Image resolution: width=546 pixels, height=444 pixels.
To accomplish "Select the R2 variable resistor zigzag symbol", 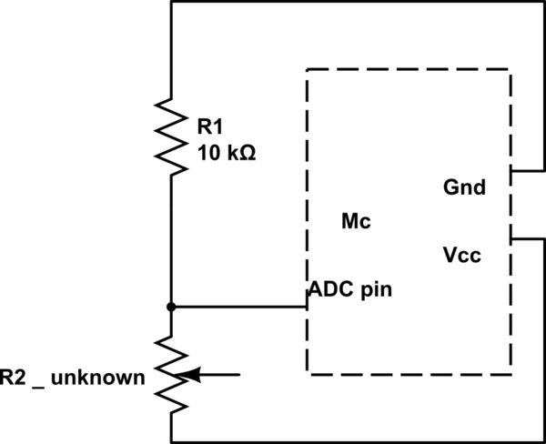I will click(x=170, y=373).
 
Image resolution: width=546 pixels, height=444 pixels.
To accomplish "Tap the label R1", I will click(x=209, y=126).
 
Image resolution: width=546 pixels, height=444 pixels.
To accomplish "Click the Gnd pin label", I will click(x=464, y=188).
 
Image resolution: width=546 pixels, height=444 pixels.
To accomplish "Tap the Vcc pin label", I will click(x=461, y=255).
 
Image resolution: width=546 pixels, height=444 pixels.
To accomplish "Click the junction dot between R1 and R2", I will click(x=170, y=307).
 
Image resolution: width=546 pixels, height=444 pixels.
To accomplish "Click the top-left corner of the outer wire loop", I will click(x=170, y=2).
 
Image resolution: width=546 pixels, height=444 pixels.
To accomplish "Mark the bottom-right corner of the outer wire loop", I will click(x=543, y=440).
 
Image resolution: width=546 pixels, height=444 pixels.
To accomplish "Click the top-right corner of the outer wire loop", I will click(x=543, y=2).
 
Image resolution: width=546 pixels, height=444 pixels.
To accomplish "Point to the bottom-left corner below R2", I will click(x=170, y=440).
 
